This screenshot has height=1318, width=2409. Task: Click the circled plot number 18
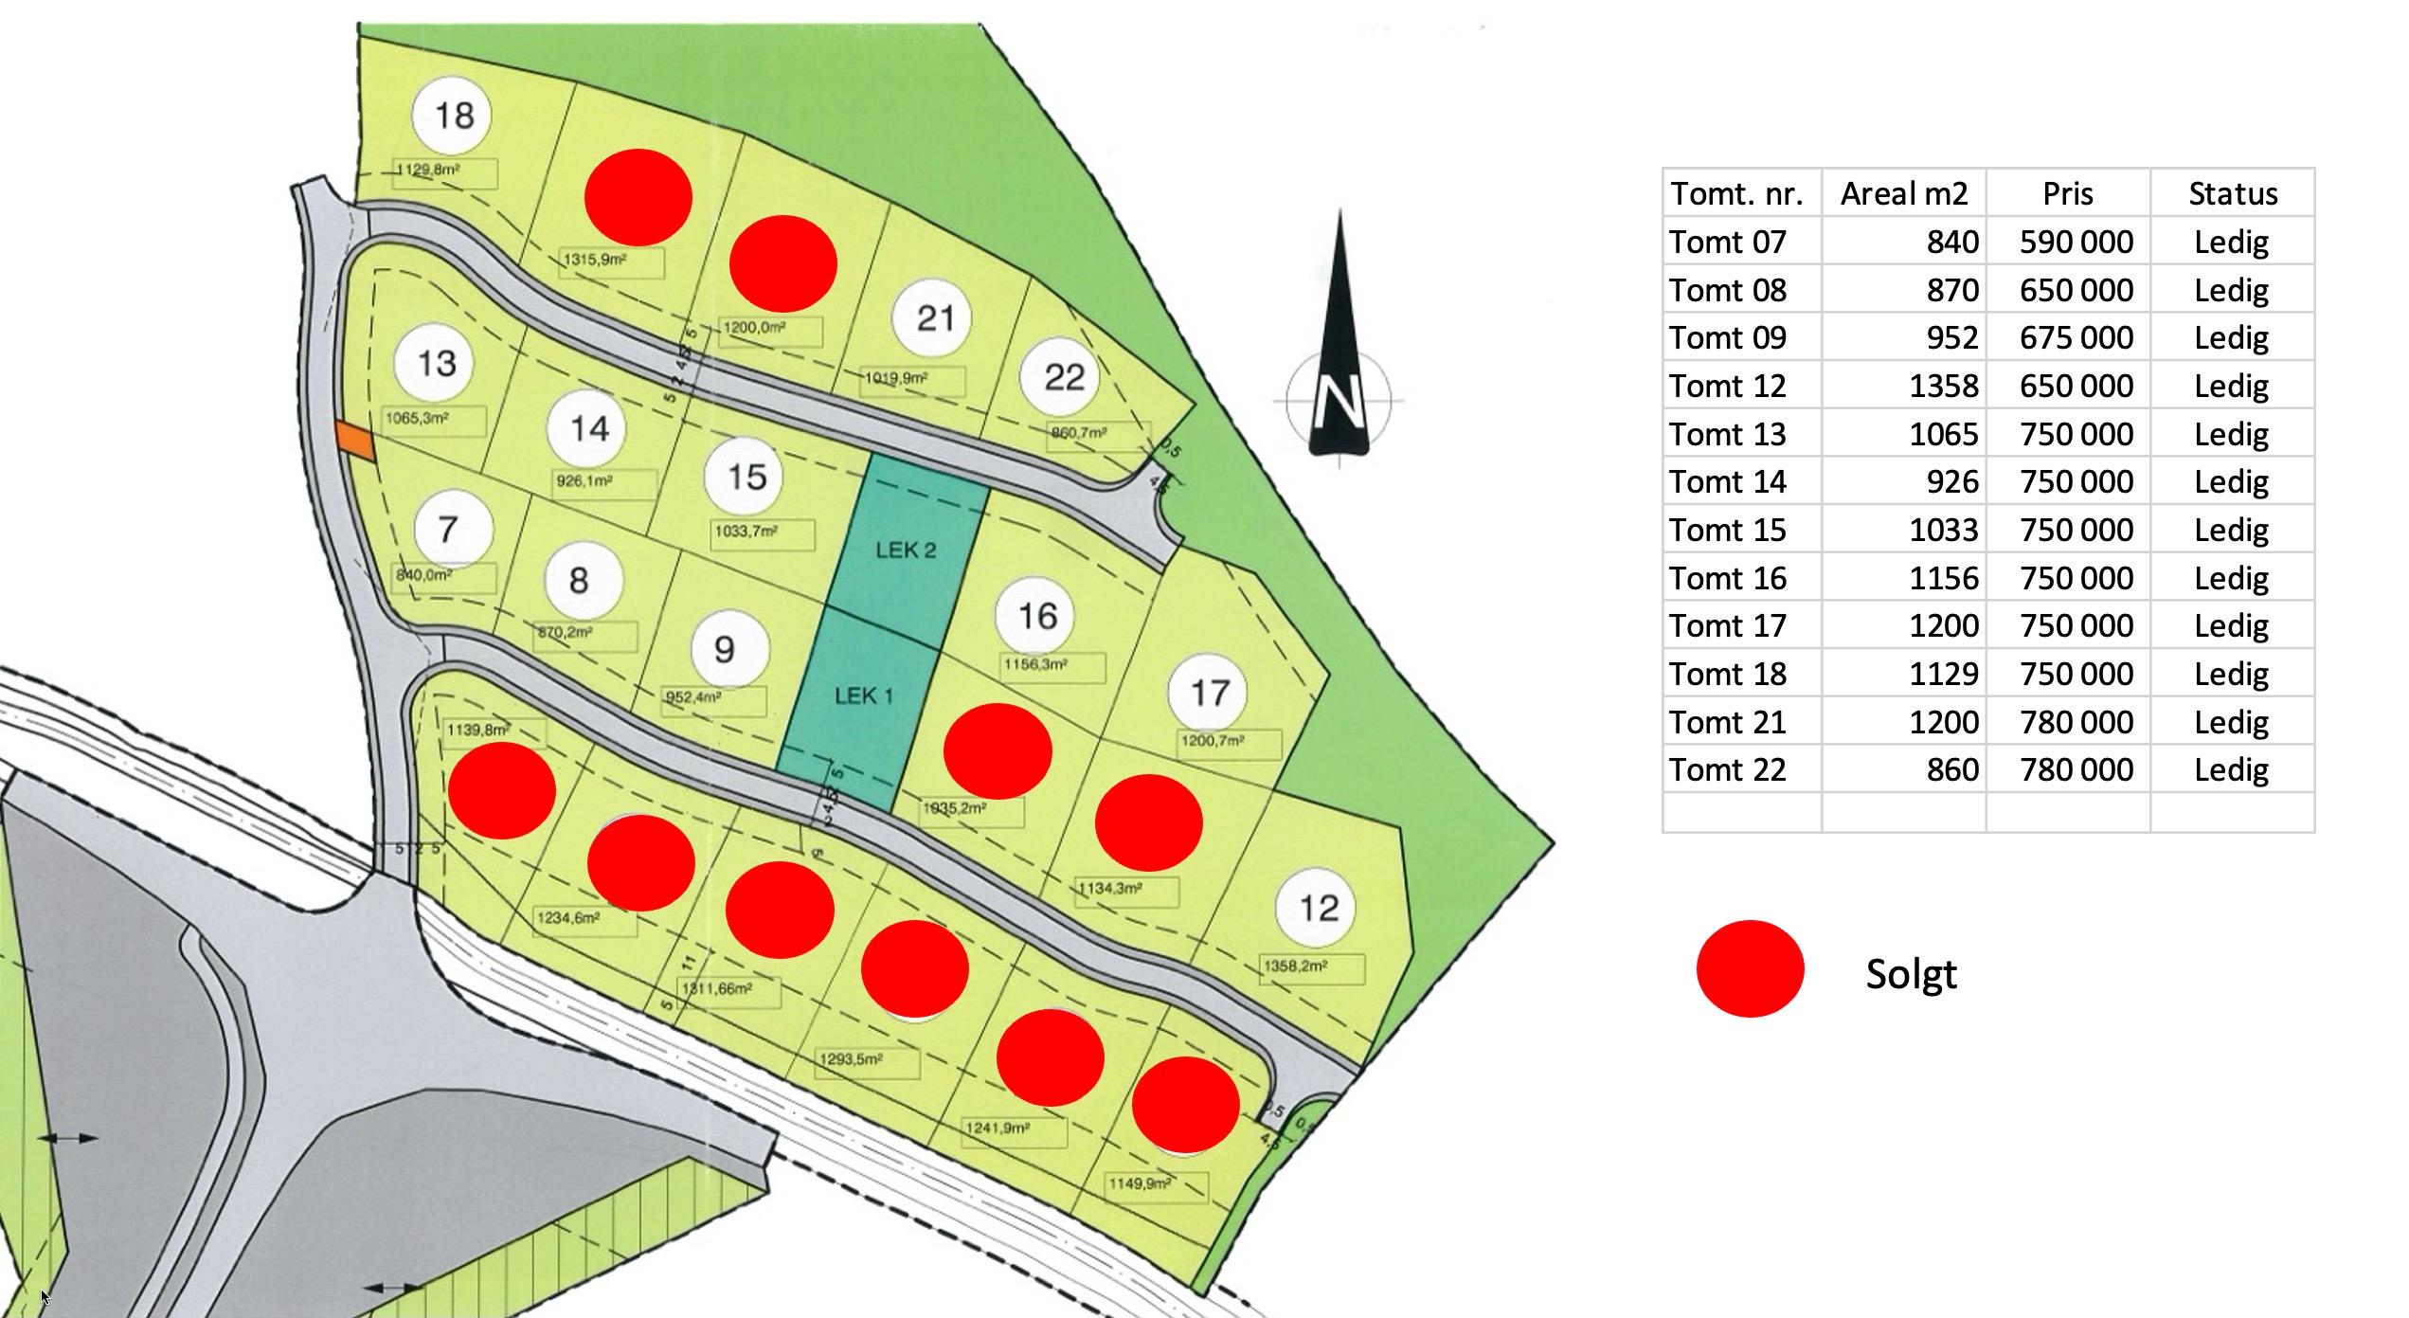[x=453, y=116]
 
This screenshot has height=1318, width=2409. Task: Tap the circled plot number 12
[x=1319, y=909]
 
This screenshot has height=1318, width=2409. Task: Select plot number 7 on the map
[x=448, y=529]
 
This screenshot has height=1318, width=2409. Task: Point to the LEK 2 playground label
[x=906, y=550]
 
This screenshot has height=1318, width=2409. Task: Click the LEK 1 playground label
[x=863, y=695]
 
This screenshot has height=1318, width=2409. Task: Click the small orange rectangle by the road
[x=355, y=442]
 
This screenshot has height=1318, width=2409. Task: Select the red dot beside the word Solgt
[x=1750, y=968]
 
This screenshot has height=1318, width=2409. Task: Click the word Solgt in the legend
[x=1911, y=973]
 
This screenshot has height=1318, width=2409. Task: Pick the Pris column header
[x=2067, y=193]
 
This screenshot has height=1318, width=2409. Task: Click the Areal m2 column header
[x=1903, y=193]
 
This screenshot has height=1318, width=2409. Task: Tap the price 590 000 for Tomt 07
[x=2076, y=242]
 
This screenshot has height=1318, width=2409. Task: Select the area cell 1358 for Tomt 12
[x=1943, y=386]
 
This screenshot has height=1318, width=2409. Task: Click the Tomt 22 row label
[x=1727, y=769]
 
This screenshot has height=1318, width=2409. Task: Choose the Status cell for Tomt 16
[x=2231, y=578]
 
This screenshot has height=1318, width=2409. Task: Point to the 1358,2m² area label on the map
[x=1295, y=966]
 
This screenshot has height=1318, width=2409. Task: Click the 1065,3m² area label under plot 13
[x=417, y=418]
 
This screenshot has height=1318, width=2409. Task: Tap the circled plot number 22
[x=1063, y=377]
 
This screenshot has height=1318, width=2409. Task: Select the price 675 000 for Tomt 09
[x=2076, y=337]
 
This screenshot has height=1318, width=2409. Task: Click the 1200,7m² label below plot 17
[x=1213, y=741]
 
